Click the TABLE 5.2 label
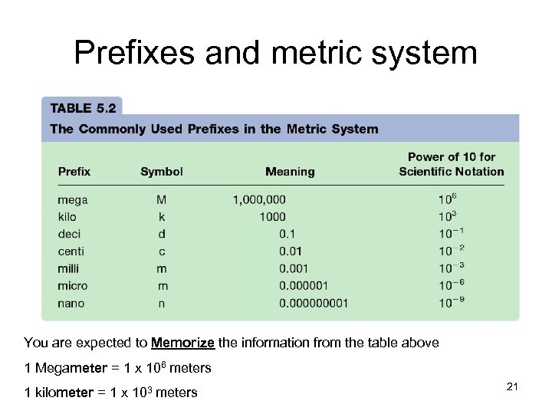[x=82, y=108]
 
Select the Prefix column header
[x=74, y=172]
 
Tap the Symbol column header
[x=162, y=172]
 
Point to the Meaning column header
[x=290, y=172]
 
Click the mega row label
[x=73, y=200]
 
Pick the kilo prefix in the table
[x=67, y=217]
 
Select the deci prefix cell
[x=69, y=234]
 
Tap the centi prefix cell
[x=71, y=251]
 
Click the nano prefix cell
[x=71, y=303]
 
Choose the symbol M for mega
[x=162, y=200]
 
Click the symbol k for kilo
[x=162, y=217]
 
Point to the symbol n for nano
[x=162, y=303]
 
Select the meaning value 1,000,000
[x=259, y=200]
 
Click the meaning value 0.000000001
[x=314, y=303]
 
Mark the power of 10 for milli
[x=452, y=268]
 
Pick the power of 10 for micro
[x=452, y=285]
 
